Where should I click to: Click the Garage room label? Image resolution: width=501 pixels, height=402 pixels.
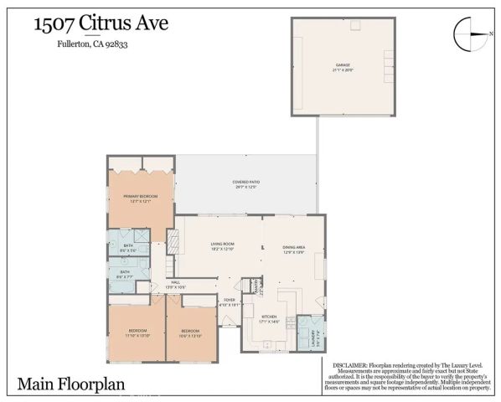click(x=343, y=65)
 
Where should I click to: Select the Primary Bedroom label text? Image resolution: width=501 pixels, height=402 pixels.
click(x=141, y=198)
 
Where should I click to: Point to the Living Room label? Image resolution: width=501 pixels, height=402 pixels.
click(x=222, y=246)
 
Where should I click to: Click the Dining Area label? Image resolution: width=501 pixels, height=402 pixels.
click(x=293, y=250)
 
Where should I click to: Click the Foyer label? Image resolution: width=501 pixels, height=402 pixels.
click(x=229, y=302)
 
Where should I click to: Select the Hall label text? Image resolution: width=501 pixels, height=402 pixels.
click(x=176, y=285)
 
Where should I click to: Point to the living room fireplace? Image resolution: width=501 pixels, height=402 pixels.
click(x=174, y=242)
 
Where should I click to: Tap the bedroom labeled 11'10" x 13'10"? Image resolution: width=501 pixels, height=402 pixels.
click(x=137, y=332)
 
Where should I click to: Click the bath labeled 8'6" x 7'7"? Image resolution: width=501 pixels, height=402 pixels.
click(x=125, y=274)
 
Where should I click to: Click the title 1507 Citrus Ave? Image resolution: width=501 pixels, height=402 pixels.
click(x=100, y=23)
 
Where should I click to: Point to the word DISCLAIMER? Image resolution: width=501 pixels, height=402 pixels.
click(x=350, y=365)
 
